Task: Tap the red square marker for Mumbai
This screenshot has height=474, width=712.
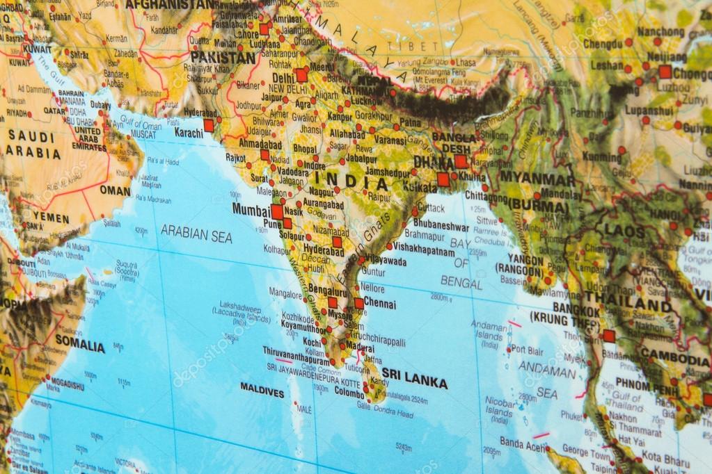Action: (277, 211)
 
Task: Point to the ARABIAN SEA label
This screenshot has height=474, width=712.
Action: (196, 234)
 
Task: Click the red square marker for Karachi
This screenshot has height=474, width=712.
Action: (209, 125)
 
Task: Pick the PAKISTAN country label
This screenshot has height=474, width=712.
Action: (223, 57)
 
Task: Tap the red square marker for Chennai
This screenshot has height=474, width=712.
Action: (359, 303)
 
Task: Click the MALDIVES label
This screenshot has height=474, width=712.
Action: (262, 393)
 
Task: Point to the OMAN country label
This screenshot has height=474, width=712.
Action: (115, 190)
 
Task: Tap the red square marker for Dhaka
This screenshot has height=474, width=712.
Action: (461, 161)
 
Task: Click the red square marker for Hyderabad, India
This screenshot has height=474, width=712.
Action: (337, 242)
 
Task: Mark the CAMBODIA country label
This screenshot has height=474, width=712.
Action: (674, 359)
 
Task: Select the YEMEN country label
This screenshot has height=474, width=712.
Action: (50, 218)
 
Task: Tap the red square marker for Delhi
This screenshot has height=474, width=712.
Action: (301, 75)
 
